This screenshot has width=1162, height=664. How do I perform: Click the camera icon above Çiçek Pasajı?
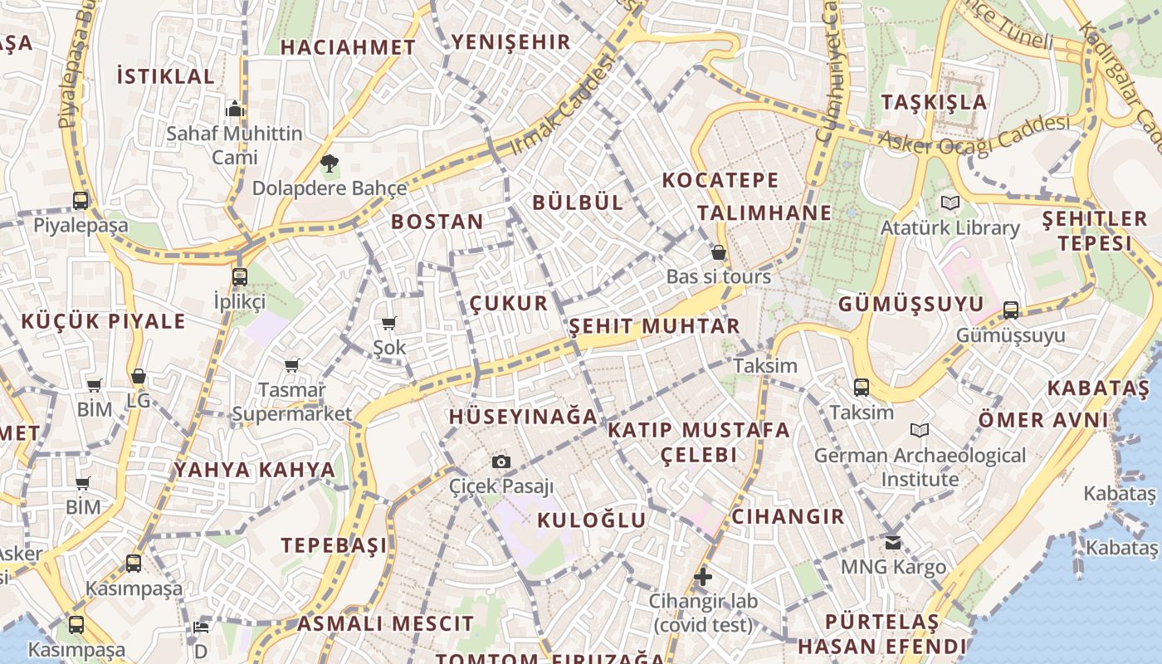click(x=500, y=462)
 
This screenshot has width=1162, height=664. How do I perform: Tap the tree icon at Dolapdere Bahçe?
click(x=330, y=163)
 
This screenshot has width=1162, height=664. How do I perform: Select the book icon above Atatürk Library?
click(x=950, y=203)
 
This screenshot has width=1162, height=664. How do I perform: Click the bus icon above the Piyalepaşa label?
click(x=81, y=200)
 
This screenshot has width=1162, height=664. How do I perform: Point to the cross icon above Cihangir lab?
click(x=703, y=576)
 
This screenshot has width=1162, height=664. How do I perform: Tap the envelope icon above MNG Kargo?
click(x=893, y=543)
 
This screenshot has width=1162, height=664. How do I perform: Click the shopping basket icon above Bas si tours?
click(x=719, y=252)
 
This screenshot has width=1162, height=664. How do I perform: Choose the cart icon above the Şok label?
click(x=388, y=323)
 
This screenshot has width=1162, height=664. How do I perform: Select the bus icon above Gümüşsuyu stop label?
click(x=1010, y=310)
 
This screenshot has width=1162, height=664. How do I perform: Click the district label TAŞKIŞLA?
click(x=935, y=102)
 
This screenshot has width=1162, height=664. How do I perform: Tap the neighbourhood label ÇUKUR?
click(x=509, y=303)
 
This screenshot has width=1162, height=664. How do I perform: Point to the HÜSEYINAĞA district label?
click(x=523, y=417)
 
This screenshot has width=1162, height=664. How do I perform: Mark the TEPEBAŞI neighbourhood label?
click(x=334, y=545)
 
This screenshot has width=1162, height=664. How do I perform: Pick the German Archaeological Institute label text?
click(x=920, y=467)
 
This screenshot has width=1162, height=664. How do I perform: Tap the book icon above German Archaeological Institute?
click(x=920, y=430)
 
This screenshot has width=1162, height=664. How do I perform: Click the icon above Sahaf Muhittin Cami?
click(x=235, y=109)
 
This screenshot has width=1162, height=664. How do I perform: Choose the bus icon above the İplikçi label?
click(x=239, y=276)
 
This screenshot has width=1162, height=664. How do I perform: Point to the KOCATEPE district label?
click(x=720, y=180)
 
